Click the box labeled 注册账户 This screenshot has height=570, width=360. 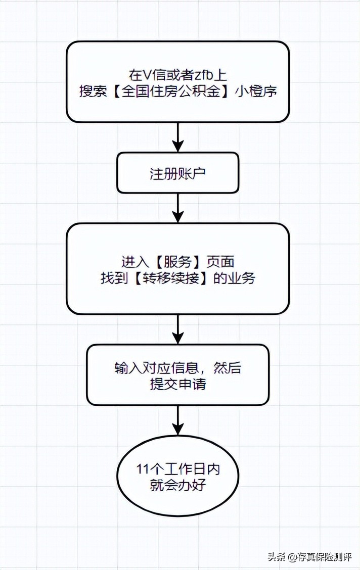pos(177,173)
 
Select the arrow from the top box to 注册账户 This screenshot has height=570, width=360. pos(177,137)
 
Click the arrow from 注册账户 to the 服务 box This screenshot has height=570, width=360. pos(177,208)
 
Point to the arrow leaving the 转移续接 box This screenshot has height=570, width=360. pos(177,329)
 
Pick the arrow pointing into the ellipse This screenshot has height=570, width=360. pos(177,420)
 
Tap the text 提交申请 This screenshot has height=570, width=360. pos(177,384)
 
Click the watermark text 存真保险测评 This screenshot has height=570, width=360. pos(326,557)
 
